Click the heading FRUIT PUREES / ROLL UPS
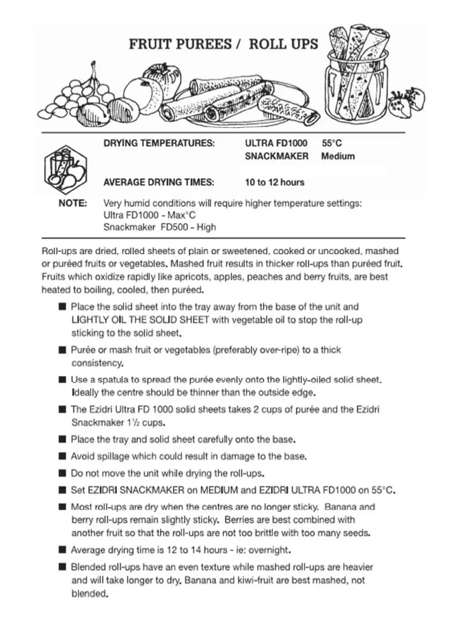pos(223,44)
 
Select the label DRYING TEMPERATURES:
pos(159,143)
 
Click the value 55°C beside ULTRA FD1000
pos(332,143)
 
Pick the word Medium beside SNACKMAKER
pos(338,156)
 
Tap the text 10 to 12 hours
pos(275,182)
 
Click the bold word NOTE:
pos(72,204)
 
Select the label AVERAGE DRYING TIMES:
pos(158,182)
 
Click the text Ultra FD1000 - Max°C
pos(150,215)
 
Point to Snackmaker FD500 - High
pos(160,227)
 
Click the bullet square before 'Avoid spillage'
pos(63,457)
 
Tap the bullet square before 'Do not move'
pos(63,474)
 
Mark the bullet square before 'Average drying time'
pos(63,550)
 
